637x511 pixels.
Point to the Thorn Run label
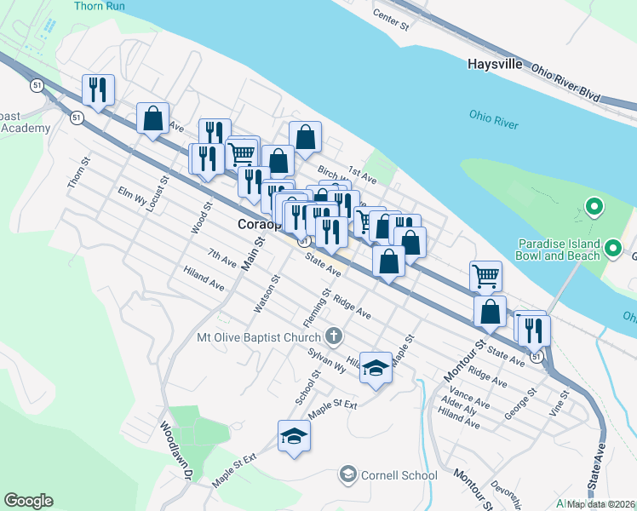tap(100, 6)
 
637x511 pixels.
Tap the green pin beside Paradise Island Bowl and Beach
tap(594, 207)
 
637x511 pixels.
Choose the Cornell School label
tap(399, 475)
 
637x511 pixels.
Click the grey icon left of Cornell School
tap(347, 474)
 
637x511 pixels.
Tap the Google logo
tap(28, 501)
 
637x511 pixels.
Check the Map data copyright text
tap(601, 504)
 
